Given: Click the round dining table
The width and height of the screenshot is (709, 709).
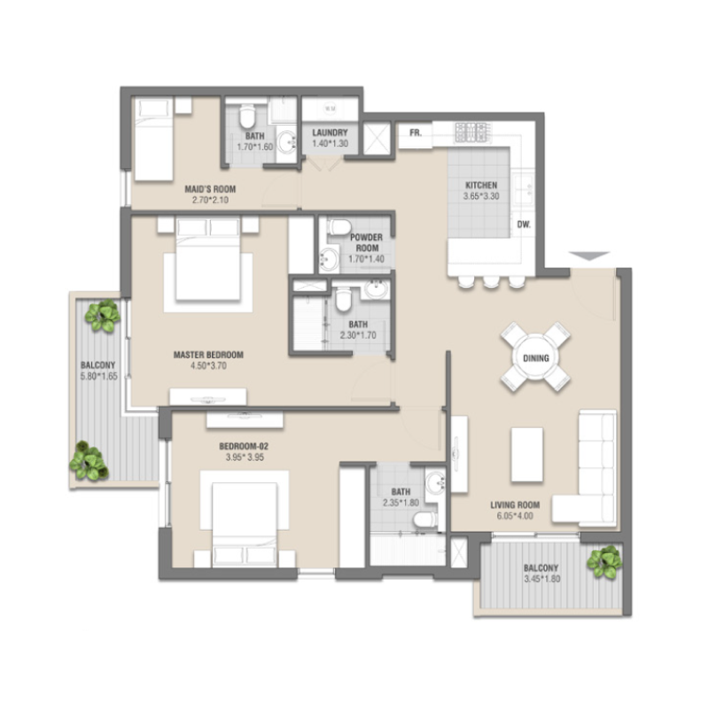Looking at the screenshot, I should [x=535, y=358].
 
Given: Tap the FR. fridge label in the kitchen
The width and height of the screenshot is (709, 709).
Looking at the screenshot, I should [x=414, y=134].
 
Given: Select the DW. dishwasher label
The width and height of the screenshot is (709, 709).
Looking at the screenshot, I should [x=524, y=225].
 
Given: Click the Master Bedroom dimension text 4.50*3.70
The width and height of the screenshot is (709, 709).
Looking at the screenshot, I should [x=208, y=364].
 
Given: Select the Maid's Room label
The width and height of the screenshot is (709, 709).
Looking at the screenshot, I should [x=209, y=189].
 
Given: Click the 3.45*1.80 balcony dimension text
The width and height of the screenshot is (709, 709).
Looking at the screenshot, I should [x=540, y=580].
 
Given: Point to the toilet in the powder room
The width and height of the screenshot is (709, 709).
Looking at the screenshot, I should [x=339, y=228].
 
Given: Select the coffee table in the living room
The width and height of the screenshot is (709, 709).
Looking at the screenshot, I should [x=529, y=454].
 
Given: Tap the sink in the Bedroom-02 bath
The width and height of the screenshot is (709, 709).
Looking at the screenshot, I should [x=435, y=483].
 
